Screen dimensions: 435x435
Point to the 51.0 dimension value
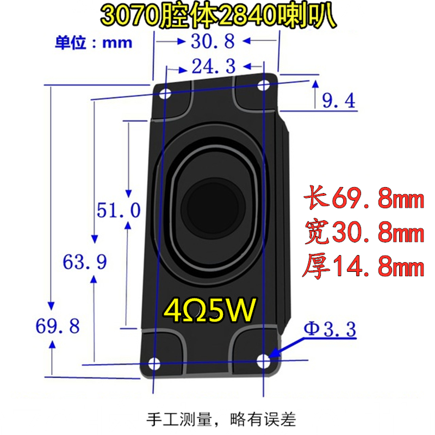pos(119,209)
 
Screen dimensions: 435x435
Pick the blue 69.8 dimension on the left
pos(58,326)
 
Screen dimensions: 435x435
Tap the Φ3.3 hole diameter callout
pos(330,329)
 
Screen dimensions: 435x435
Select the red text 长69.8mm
pos(363,200)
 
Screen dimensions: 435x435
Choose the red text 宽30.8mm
pos(363,234)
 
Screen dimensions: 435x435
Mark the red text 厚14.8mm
pos(363,268)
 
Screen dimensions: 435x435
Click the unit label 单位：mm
pos(93,43)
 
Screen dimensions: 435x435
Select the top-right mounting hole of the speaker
pos(265,85)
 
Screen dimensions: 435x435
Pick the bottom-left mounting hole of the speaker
pos(154,363)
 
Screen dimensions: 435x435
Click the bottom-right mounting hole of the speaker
pos(265,360)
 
